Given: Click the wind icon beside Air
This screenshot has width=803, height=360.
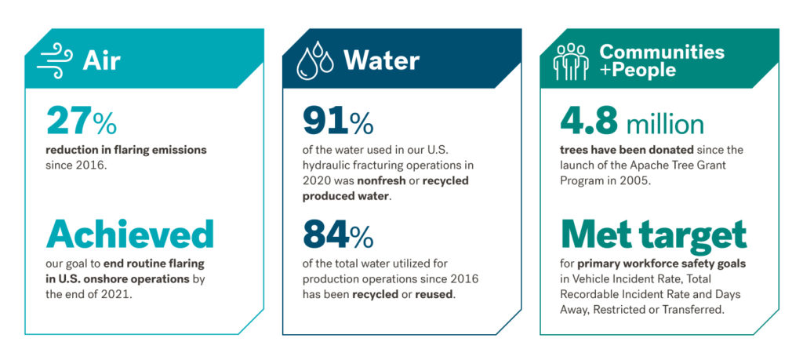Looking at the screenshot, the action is pos(55,60).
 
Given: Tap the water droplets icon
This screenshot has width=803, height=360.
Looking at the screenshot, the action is pos(315,61).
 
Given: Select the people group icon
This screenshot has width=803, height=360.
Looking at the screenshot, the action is pos(571,61).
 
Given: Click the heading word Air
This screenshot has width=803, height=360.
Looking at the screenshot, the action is pos(101,61).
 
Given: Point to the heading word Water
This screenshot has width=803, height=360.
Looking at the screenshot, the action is pos(381,61).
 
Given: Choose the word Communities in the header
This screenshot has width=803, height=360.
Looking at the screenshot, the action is pos(662,52).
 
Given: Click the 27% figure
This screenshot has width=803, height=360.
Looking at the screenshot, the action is pos(82,122).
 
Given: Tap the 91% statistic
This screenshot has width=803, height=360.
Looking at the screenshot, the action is pos(338,122).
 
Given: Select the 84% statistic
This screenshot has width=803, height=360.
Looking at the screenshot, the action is pos(338,235).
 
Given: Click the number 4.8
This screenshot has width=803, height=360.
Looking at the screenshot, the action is pos(590,122).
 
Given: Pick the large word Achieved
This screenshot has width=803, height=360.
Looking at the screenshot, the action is pos(130,235).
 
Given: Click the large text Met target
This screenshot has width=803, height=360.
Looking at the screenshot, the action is pos(653,235).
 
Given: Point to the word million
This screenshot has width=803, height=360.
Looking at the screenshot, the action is pos(665,123).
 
